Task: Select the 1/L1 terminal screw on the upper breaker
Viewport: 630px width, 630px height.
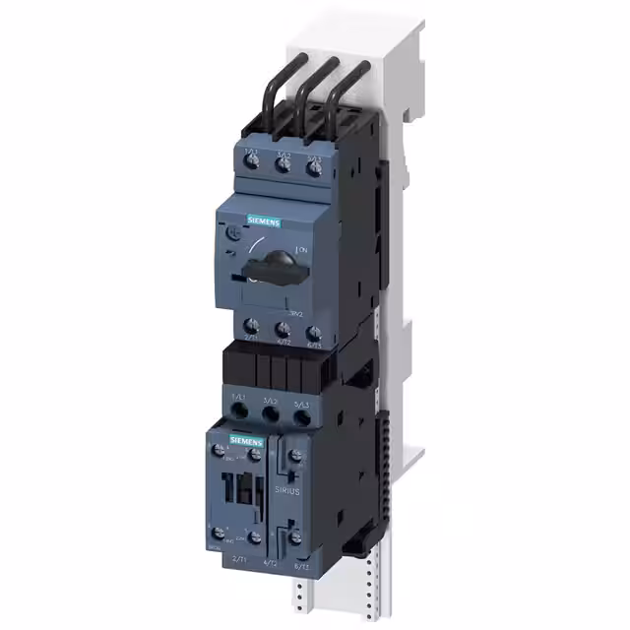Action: click(x=251, y=166)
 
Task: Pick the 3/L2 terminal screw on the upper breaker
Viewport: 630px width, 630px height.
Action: click(x=283, y=167)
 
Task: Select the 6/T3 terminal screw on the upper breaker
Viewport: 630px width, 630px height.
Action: click(x=314, y=329)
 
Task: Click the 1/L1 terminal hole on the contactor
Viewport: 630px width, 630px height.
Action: click(x=237, y=413)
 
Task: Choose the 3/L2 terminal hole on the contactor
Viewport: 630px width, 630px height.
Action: click(x=270, y=416)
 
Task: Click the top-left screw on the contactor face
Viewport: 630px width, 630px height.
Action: click(x=218, y=449)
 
